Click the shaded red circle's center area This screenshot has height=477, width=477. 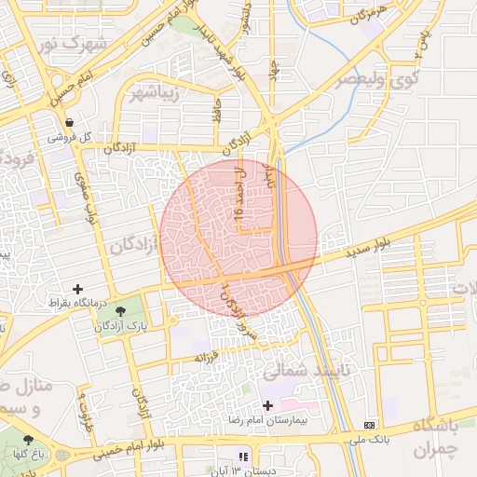pos(238,238)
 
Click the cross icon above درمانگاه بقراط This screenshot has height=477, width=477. pos(77,289)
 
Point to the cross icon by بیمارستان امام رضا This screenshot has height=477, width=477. pos(268,405)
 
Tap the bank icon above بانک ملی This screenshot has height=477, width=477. pos(370,424)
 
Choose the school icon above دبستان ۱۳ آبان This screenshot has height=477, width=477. pos(243,457)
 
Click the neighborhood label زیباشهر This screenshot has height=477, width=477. pos(155,93)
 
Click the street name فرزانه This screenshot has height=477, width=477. pos(205,358)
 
